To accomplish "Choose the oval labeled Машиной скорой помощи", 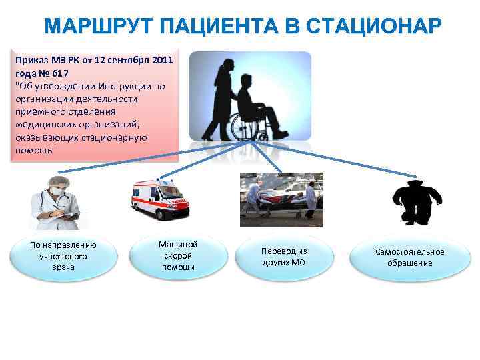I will pos(178,256).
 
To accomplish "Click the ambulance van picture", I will pos(160,199).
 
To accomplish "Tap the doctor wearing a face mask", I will pos(55,200).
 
